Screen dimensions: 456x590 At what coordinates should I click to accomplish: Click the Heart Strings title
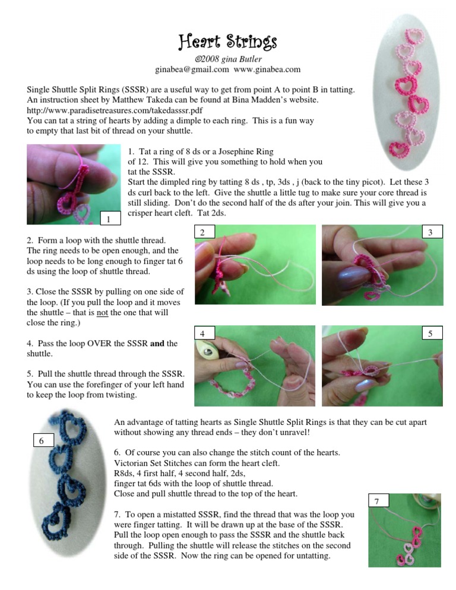coord(227,42)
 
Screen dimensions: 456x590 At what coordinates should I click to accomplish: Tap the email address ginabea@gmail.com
coord(192,69)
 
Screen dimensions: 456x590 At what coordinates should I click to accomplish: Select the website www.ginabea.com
coord(267,69)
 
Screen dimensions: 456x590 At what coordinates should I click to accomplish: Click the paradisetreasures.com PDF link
coord(115,110)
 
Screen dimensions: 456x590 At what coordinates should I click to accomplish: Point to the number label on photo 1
coord(110,218)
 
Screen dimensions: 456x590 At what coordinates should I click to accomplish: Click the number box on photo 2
coord(204,231)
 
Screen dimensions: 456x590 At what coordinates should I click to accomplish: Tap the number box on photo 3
coord(432,231)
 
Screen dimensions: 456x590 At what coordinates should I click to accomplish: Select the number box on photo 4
coord(204,332)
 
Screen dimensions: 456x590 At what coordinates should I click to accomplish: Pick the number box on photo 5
coord(432,332)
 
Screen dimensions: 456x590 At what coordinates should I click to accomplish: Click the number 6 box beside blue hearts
coord(43,440)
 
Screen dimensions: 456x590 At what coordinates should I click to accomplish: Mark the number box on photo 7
coord(379,500)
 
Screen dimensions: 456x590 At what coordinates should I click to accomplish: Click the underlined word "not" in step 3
coord(102,312)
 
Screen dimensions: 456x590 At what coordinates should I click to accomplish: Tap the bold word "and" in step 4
coord(157,343)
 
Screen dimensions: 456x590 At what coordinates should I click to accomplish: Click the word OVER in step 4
coord(99,343)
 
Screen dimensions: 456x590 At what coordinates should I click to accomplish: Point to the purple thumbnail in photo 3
coord(353,278)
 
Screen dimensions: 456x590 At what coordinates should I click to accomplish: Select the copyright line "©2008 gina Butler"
coord(228,59)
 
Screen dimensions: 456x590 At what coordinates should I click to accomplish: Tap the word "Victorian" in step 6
coord(131,463)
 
